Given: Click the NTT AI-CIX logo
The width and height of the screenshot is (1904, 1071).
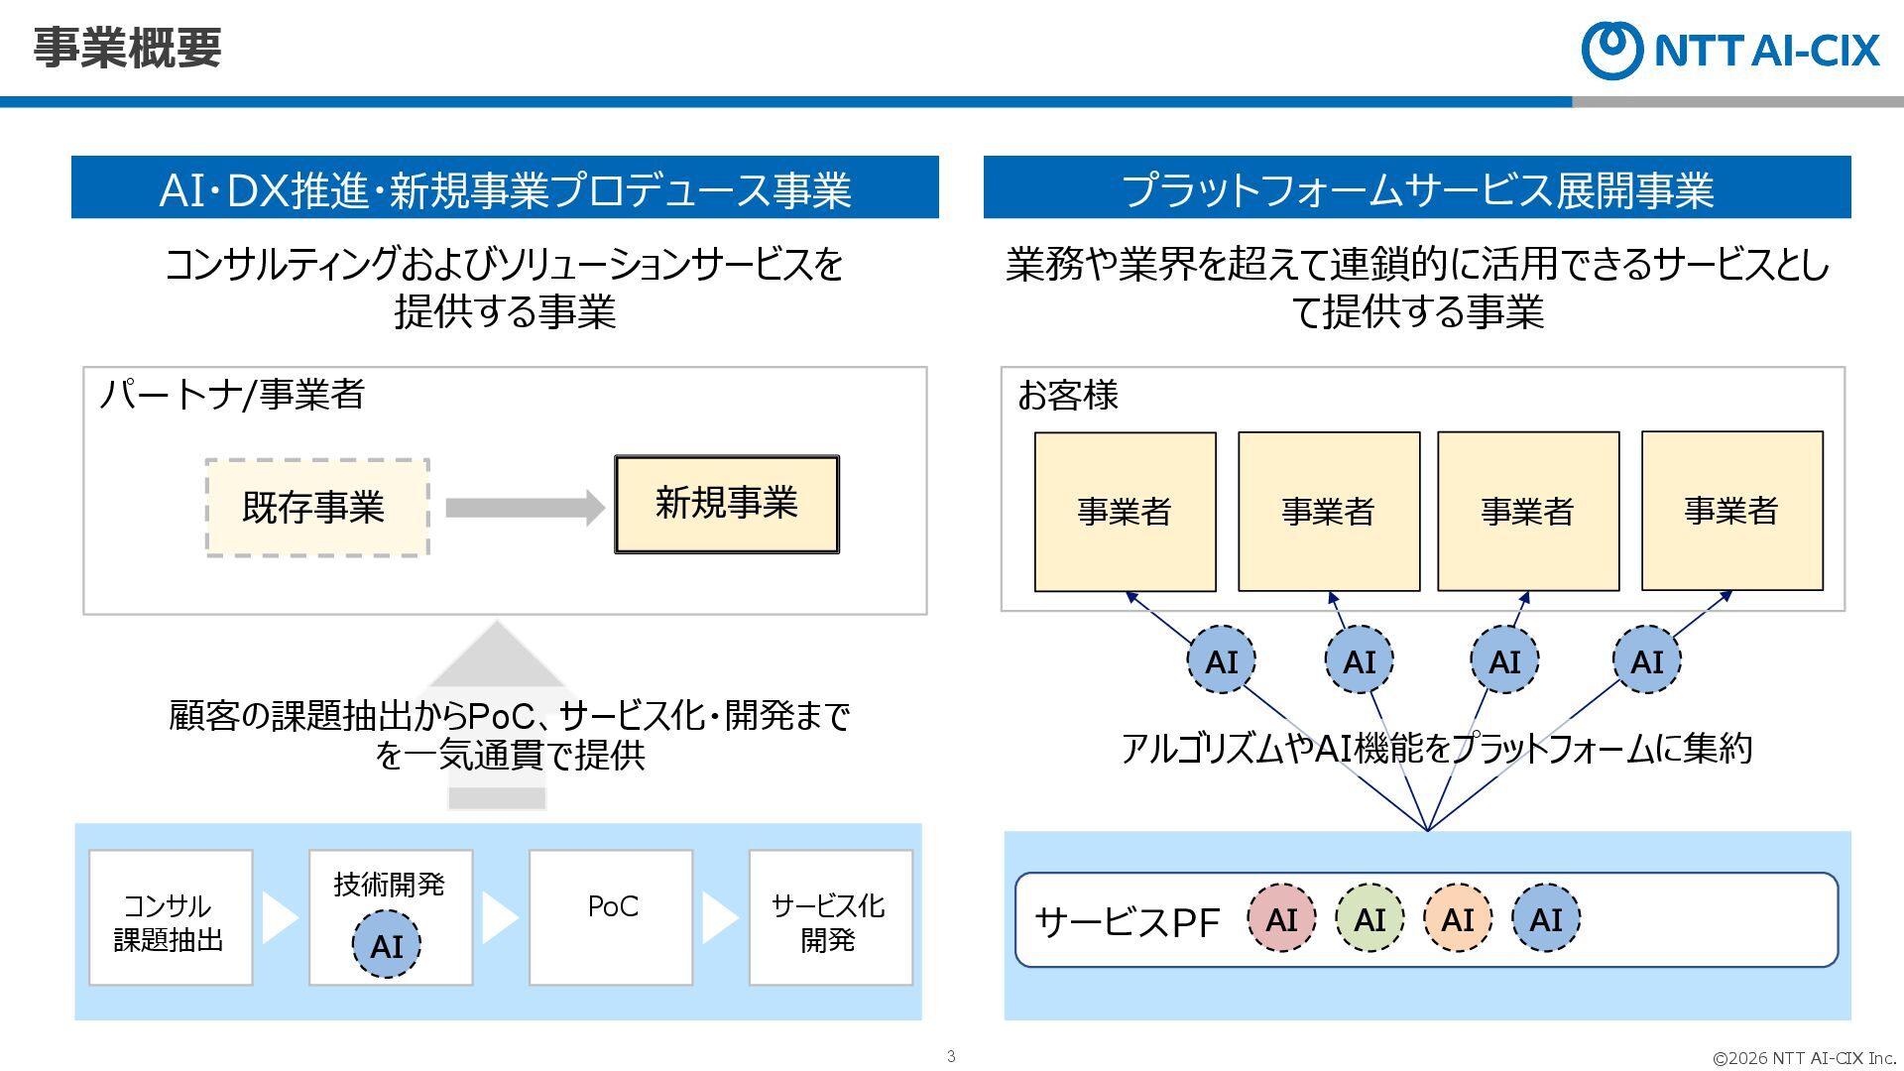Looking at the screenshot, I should point(1730,50).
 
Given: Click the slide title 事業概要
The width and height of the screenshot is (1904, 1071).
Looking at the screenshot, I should point(127,48).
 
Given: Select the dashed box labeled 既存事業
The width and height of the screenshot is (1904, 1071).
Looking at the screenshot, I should point(316,507).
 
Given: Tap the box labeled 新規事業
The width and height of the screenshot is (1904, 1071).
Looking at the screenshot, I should point(727,504).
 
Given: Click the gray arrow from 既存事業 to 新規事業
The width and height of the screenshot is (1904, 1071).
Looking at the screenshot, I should point(524,508).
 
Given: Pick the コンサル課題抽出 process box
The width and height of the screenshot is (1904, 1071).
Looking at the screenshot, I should point(171,918).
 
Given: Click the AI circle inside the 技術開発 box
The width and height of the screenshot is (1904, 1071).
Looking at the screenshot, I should point(387,945).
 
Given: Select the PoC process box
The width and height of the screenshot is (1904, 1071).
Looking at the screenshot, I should point(611,918).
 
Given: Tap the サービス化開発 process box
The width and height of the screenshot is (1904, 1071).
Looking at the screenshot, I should point(830,918).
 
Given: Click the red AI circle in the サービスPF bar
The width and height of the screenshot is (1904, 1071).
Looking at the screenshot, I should point(1281,919).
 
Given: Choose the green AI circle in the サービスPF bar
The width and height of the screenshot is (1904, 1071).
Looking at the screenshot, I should point(1369,919).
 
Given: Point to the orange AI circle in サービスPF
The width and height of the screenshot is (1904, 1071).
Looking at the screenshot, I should point(1458,919).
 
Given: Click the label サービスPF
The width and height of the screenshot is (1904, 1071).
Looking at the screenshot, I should point(1127,922).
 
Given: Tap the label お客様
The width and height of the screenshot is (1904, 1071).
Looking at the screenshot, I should point(1068,395).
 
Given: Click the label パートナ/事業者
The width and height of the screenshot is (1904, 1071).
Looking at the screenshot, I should point(232,395).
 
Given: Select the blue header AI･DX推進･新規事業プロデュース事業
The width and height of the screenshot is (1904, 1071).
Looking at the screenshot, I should point(505,188).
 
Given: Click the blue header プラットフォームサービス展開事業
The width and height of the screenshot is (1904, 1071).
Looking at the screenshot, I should point(1417,188).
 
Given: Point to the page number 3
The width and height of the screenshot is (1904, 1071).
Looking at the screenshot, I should point(951,1056).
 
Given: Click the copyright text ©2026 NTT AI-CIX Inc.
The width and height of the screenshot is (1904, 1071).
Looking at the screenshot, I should point(1804,1058).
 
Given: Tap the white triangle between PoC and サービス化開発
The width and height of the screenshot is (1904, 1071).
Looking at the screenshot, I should point(719,918).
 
